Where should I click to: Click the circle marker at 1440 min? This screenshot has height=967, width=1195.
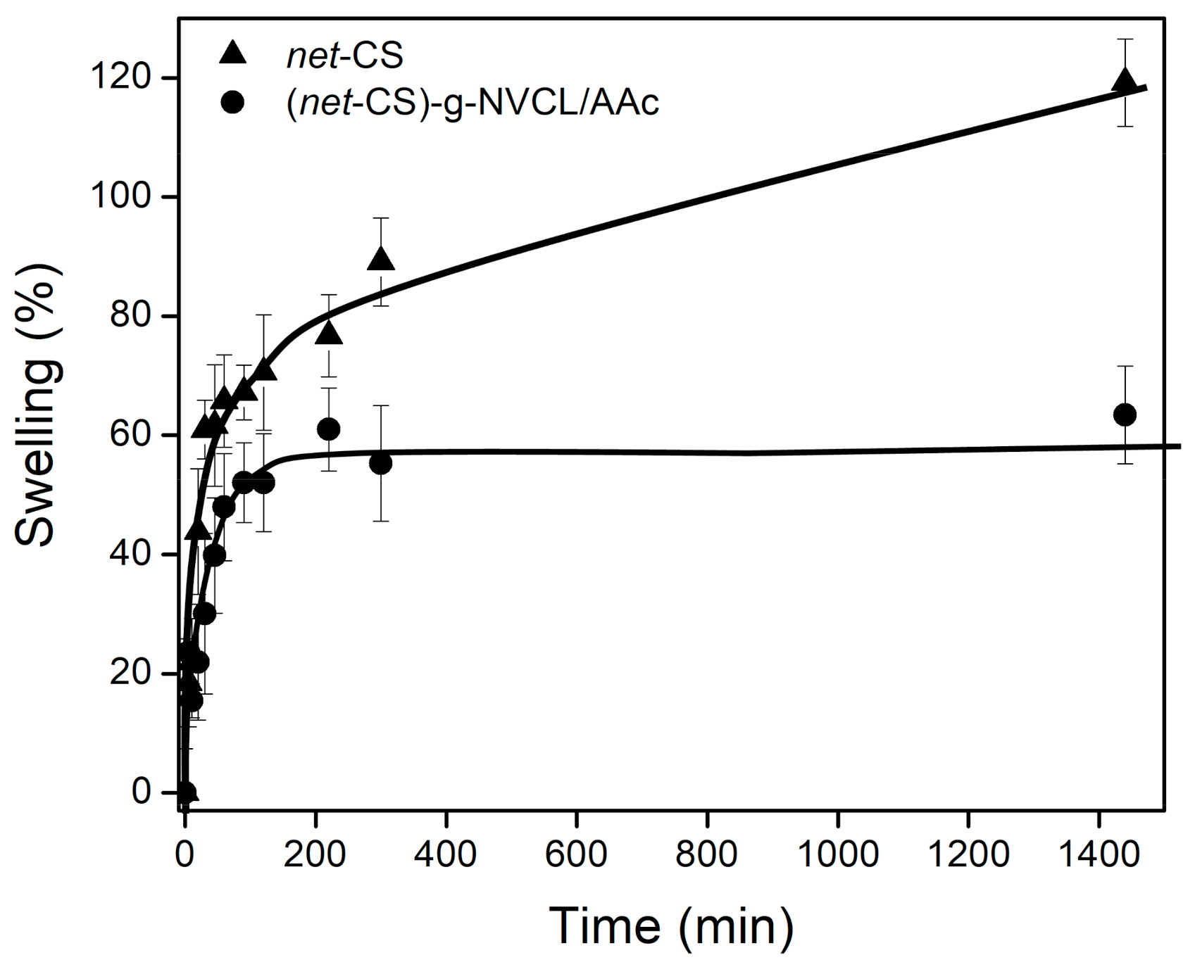pos(1125,415)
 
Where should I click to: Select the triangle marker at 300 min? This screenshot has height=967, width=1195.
pos(381,260)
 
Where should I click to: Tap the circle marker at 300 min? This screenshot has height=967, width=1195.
pos(380,464)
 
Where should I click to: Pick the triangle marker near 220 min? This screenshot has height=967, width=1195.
pos(329,334)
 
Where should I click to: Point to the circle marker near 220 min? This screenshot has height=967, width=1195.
pos(329,429)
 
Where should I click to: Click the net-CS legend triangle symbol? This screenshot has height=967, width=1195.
pos(232,53)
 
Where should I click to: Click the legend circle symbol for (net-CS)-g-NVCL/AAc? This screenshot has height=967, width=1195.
pos(232,103)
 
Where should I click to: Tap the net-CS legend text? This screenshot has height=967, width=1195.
pos(344,55)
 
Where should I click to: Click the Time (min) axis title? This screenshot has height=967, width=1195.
pos(671,925)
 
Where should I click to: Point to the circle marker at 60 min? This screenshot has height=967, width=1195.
pos(224,507)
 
